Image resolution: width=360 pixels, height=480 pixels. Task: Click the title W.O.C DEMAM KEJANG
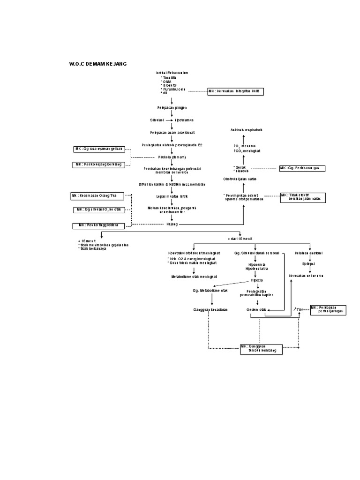click(98, 63)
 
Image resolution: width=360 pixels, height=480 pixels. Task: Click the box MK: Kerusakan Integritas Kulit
click(236, 92)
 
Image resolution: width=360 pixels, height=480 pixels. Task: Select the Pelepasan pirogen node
click(172, 107)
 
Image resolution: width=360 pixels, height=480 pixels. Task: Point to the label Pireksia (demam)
click(172, 157)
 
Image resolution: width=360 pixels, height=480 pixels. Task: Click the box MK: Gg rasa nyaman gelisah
click(98, 149)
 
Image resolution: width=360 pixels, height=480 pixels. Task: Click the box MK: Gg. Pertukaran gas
click(302, 168)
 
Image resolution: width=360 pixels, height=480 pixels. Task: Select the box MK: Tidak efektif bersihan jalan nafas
click(302, 197)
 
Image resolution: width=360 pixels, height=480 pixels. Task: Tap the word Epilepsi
click(308, 263)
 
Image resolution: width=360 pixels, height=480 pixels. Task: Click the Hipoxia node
click(256, 280)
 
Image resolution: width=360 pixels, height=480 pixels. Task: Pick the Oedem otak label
click(256, 310)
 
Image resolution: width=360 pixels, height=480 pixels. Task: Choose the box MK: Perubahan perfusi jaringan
click(328, 309)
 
